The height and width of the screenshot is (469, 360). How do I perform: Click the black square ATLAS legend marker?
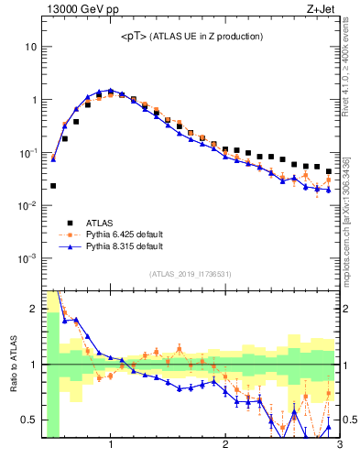67,223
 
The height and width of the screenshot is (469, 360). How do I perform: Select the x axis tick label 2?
225,446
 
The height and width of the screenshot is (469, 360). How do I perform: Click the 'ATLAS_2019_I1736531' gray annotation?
191,274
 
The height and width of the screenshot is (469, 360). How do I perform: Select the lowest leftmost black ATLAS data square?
53,185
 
